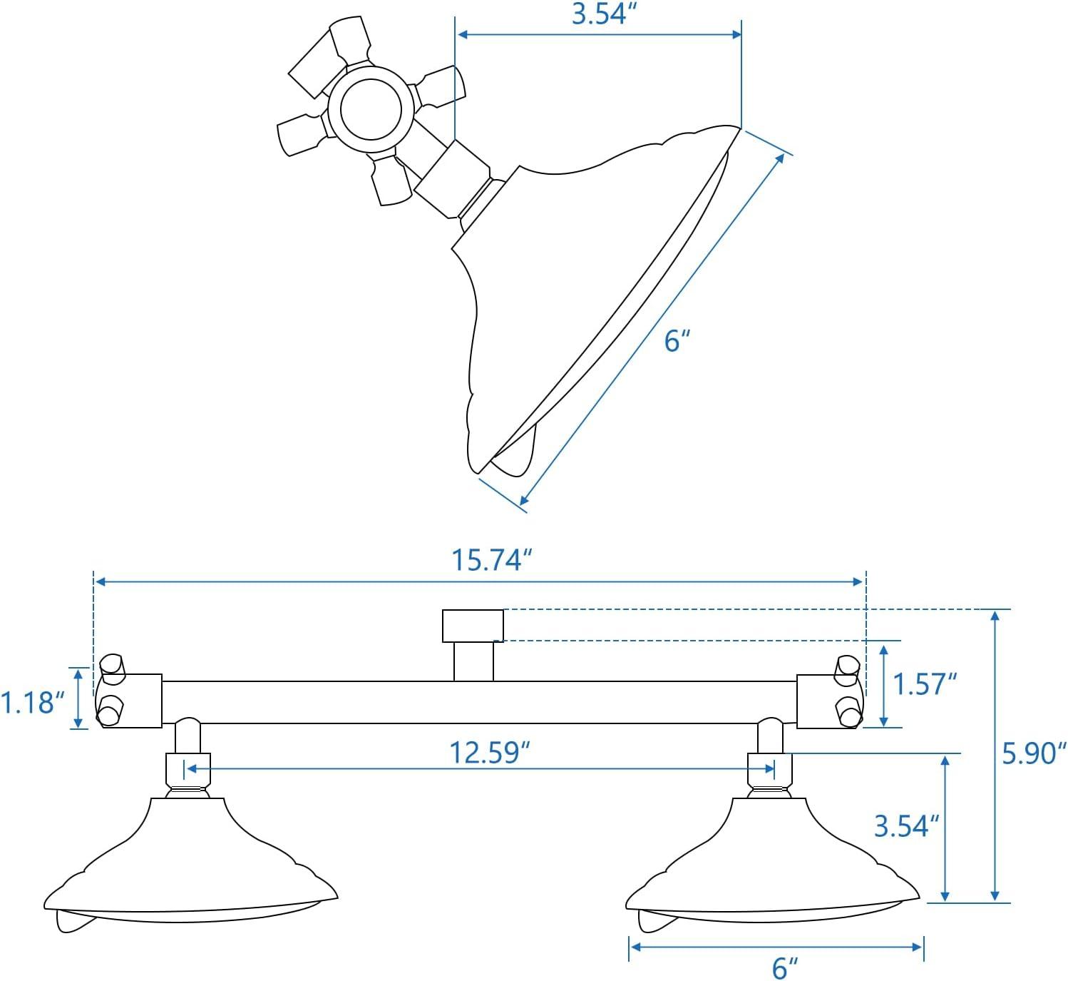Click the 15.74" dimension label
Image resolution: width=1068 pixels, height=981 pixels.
click(492, 560)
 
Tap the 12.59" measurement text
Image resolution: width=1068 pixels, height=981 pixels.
click(490, 753)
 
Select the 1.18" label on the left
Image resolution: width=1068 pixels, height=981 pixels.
click(28, 702)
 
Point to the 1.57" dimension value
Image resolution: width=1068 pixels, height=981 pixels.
click(925, 684)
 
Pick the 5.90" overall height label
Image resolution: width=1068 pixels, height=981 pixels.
click(1034, 753)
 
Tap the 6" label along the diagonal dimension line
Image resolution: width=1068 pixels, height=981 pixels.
click(677, 341)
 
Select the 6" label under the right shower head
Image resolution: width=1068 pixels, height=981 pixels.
click(784, 968)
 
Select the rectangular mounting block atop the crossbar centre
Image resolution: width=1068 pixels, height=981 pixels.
click(473, 626)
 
